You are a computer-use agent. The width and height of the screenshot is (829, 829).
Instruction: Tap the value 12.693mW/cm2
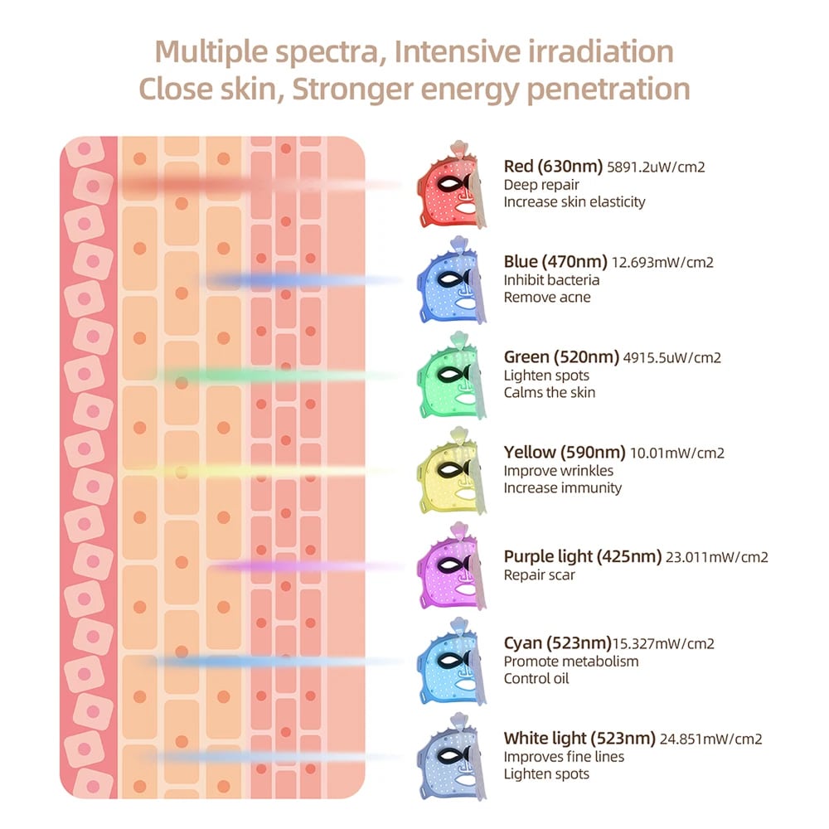pyautogui.click(x=662, y=262)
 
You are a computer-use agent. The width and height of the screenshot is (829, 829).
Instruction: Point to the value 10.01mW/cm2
pyautogui.click(x=677, y=453)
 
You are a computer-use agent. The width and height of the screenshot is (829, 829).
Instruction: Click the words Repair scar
pyautogui.click(x=540, y=574)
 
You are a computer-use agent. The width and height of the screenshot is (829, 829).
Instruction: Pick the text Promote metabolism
pyautogui.click(x=571, y=662)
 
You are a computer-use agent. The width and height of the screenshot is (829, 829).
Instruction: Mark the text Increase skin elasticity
pyautogui.click(x=574, y=201)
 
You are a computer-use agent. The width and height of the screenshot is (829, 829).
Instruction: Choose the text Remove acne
pyautogui.click(x=547, y=297)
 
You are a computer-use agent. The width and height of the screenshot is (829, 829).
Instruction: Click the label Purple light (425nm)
pyautogui.click(x=583, y=556)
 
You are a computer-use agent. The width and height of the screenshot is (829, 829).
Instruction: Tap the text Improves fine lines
pyautogui.click(x=565, y=757)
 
